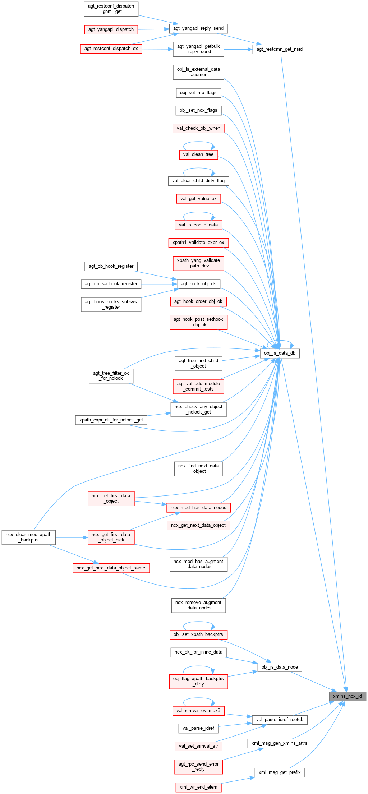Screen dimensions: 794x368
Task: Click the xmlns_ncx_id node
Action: (347, 696)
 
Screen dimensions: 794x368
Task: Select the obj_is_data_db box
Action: (280, 353)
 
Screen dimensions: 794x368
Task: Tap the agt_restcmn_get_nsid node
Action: (280, 49)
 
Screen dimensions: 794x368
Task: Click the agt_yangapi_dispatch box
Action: (111, 29)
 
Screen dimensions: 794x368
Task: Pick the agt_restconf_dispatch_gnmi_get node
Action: (111, 9)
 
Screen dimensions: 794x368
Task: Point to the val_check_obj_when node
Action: (198, 128)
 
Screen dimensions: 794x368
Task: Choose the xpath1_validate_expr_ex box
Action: (198, 243)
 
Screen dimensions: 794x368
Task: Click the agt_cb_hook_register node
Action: (111, 266)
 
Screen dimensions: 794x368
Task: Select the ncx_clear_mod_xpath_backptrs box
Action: (29, 537)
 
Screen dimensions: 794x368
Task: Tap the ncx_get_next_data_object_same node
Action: (111, 568)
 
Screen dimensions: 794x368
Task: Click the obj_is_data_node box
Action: (280, 667)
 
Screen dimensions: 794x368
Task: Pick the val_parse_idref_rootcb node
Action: (280, 720)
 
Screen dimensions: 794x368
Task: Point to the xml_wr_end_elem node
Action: (198, 787)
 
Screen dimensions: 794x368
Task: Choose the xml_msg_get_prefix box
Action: (280, 772)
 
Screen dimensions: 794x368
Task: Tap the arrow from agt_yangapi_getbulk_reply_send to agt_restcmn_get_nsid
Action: (238, 49)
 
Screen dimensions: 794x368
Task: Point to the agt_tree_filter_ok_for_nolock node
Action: (111, 376)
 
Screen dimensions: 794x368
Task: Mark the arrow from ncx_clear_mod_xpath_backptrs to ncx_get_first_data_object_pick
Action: (72, 537)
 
